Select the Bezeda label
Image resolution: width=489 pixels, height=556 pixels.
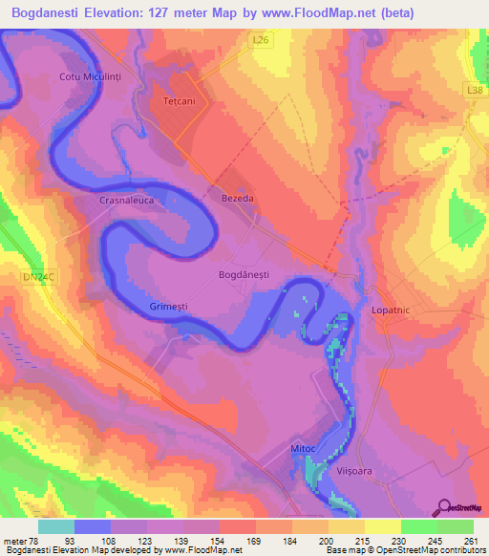click(x=237, y=198)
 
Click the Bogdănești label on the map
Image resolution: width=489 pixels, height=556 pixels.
click(x=244, y=274)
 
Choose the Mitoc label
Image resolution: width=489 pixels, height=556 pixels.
click(x=303, y=447)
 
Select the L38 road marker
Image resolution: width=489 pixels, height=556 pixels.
click(x=474, y=88)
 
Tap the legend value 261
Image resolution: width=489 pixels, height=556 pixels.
click(x=468, y=541)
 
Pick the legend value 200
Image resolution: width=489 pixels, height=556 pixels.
click(x=325, y=541)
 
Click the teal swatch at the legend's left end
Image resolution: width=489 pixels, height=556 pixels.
click(x=56, y=526)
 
